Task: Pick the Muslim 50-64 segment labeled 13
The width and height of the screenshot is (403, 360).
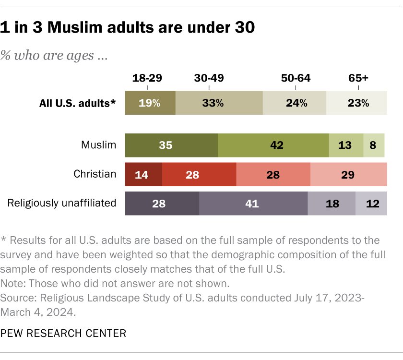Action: coord(346,145)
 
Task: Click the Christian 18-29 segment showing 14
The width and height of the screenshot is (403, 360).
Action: coord(143,174)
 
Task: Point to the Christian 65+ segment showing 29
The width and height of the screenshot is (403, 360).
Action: coord(348,174)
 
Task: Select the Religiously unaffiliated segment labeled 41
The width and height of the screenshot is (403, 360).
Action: coord(253,204)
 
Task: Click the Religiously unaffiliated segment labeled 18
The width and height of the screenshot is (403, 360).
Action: coord(331,204)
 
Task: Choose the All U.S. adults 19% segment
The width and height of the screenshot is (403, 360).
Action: coord(150,103)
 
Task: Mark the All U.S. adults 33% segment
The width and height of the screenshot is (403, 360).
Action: coord(219,103)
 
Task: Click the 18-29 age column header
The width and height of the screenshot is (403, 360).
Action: coord(147,78)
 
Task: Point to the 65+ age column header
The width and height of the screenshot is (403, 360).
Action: coord(358,78)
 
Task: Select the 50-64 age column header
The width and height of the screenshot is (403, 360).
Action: coord(295,78)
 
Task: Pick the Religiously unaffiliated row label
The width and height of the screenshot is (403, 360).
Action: coord(62,203)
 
